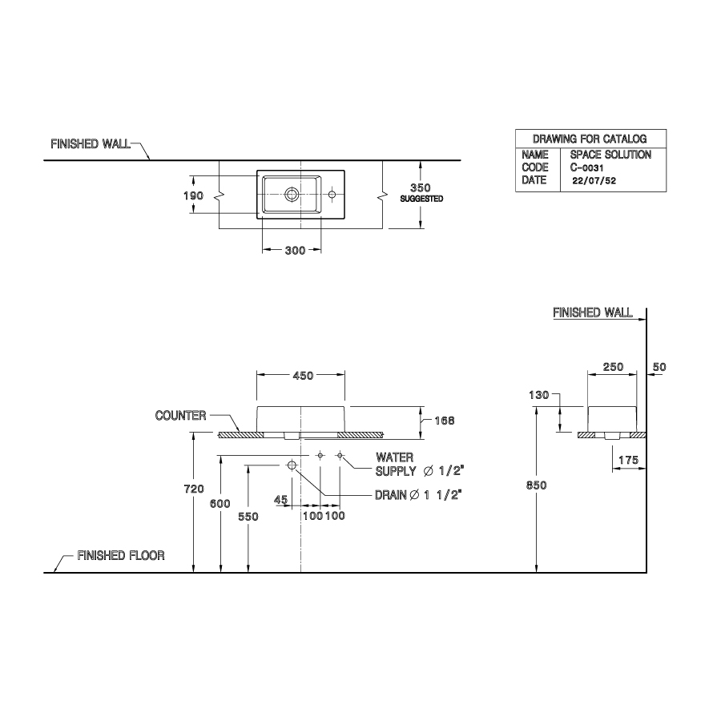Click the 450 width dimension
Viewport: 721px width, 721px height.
[302, 375]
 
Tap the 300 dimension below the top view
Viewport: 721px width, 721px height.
[295, 251]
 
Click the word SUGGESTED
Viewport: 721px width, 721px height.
[421, 199]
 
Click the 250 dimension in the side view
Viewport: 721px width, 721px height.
[613, 367]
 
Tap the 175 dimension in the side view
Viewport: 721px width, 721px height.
[626, 460]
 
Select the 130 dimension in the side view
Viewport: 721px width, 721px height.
[538, 395]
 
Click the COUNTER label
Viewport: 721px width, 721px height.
[180, 416]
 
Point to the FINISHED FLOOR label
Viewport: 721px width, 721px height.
[121, 555]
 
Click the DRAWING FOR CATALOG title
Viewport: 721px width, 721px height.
[589, 139]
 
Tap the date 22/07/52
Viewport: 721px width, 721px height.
[594, 181]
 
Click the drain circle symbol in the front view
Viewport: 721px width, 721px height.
[292, 465]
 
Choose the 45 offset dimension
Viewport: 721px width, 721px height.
[280, 499]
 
